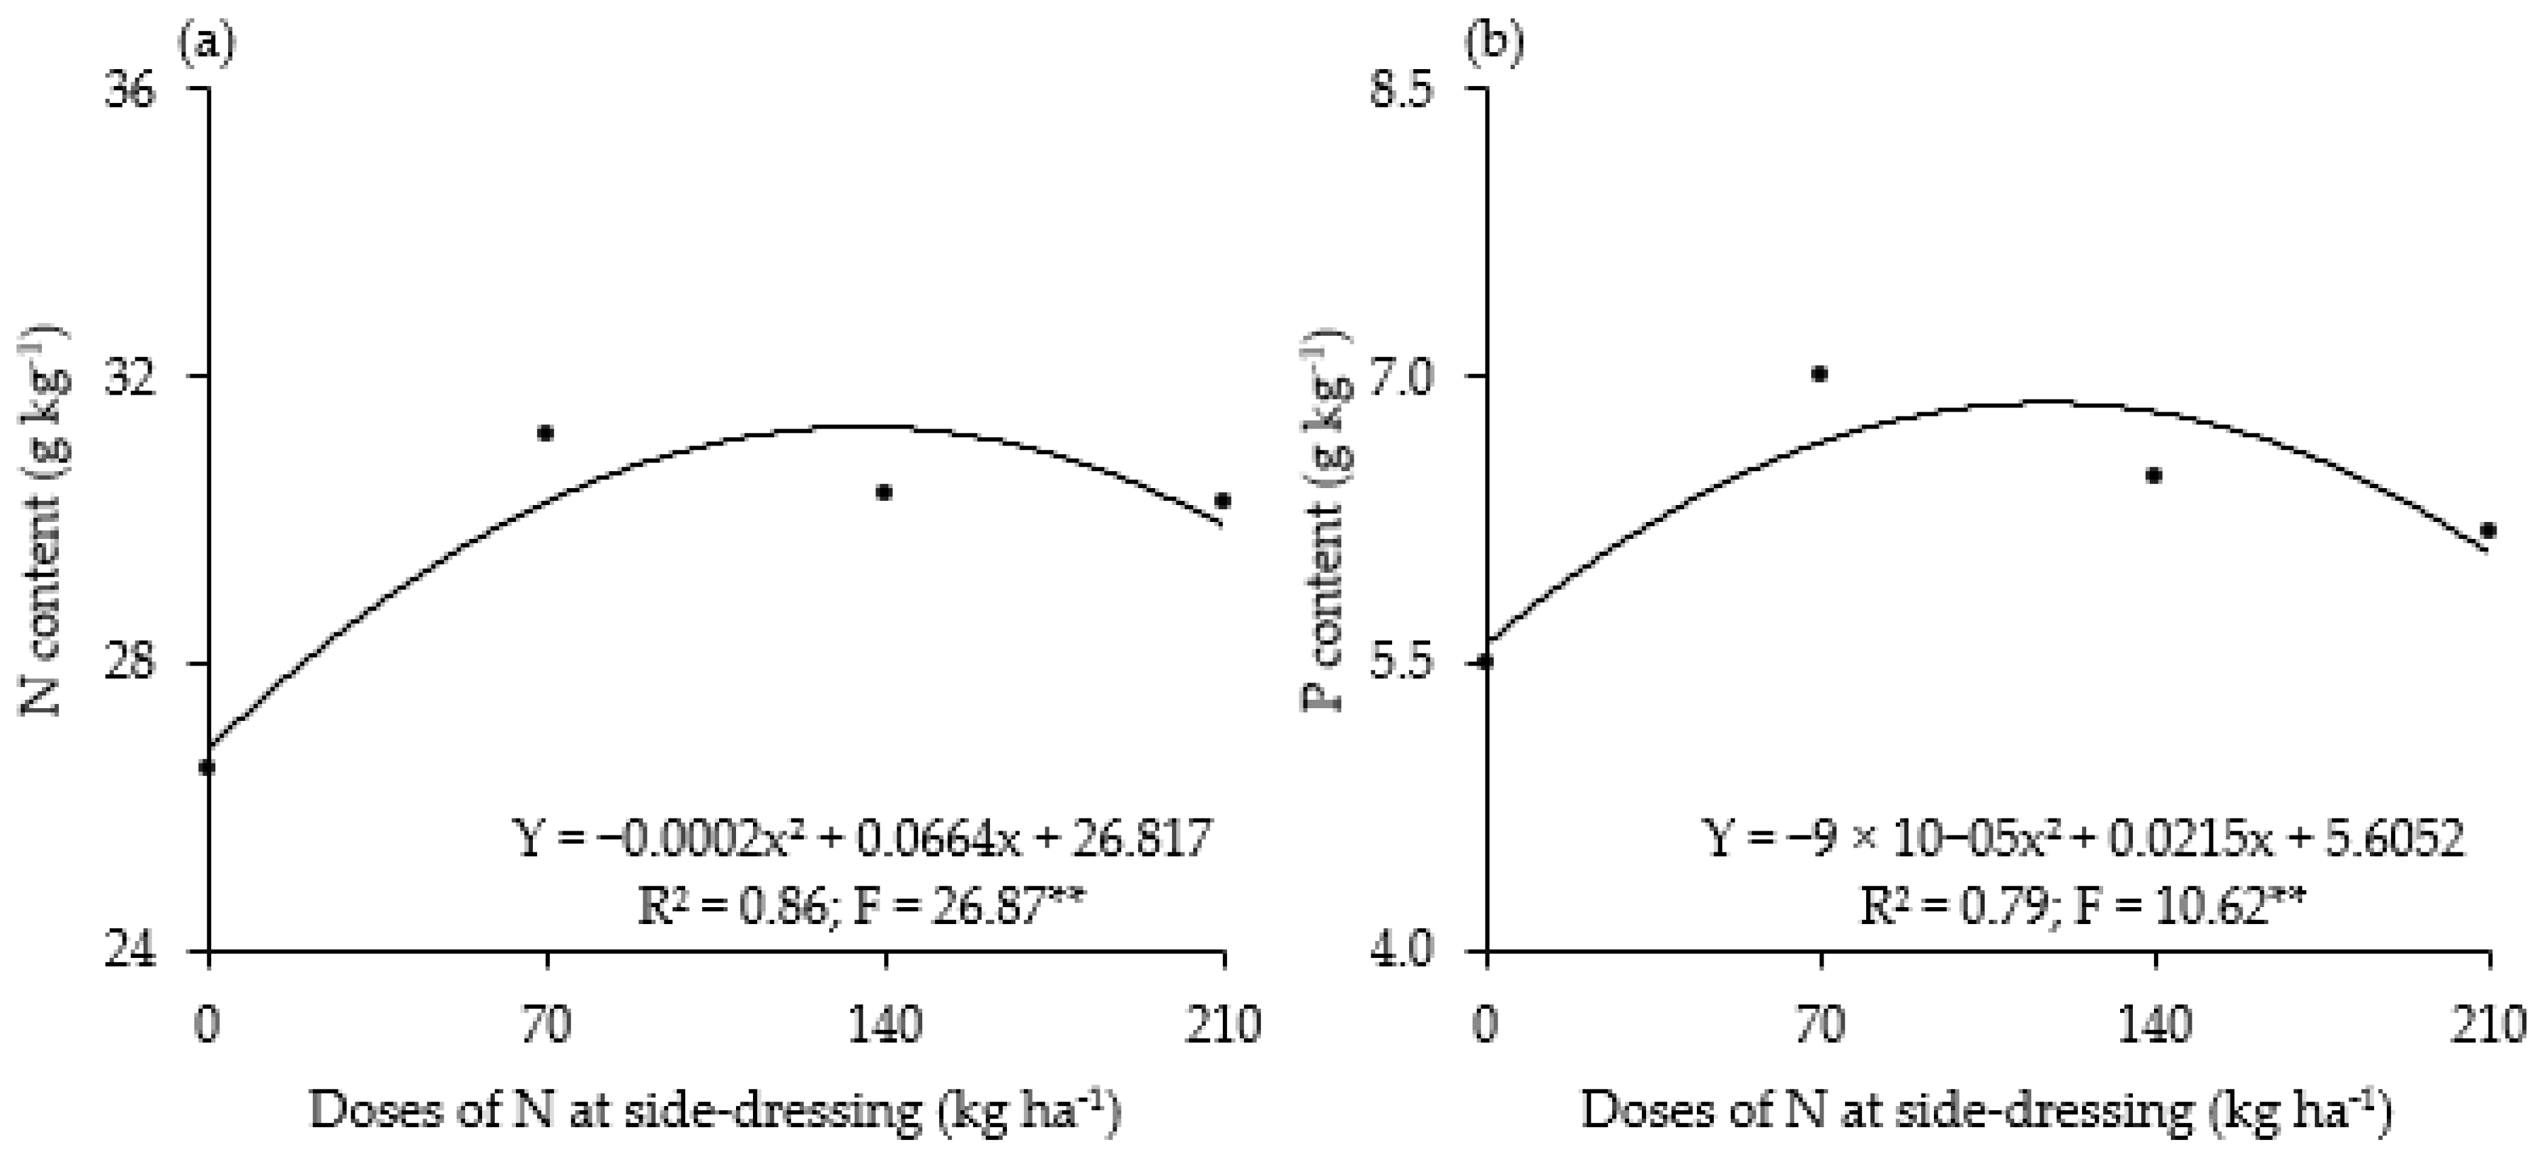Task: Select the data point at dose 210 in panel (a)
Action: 1223,500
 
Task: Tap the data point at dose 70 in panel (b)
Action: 1819,374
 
